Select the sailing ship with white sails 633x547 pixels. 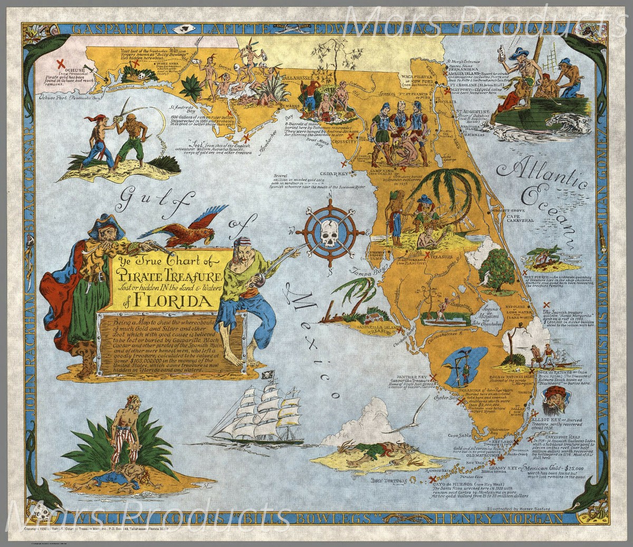click(x=264, y=411)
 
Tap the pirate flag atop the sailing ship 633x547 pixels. click(x=265, y=375)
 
